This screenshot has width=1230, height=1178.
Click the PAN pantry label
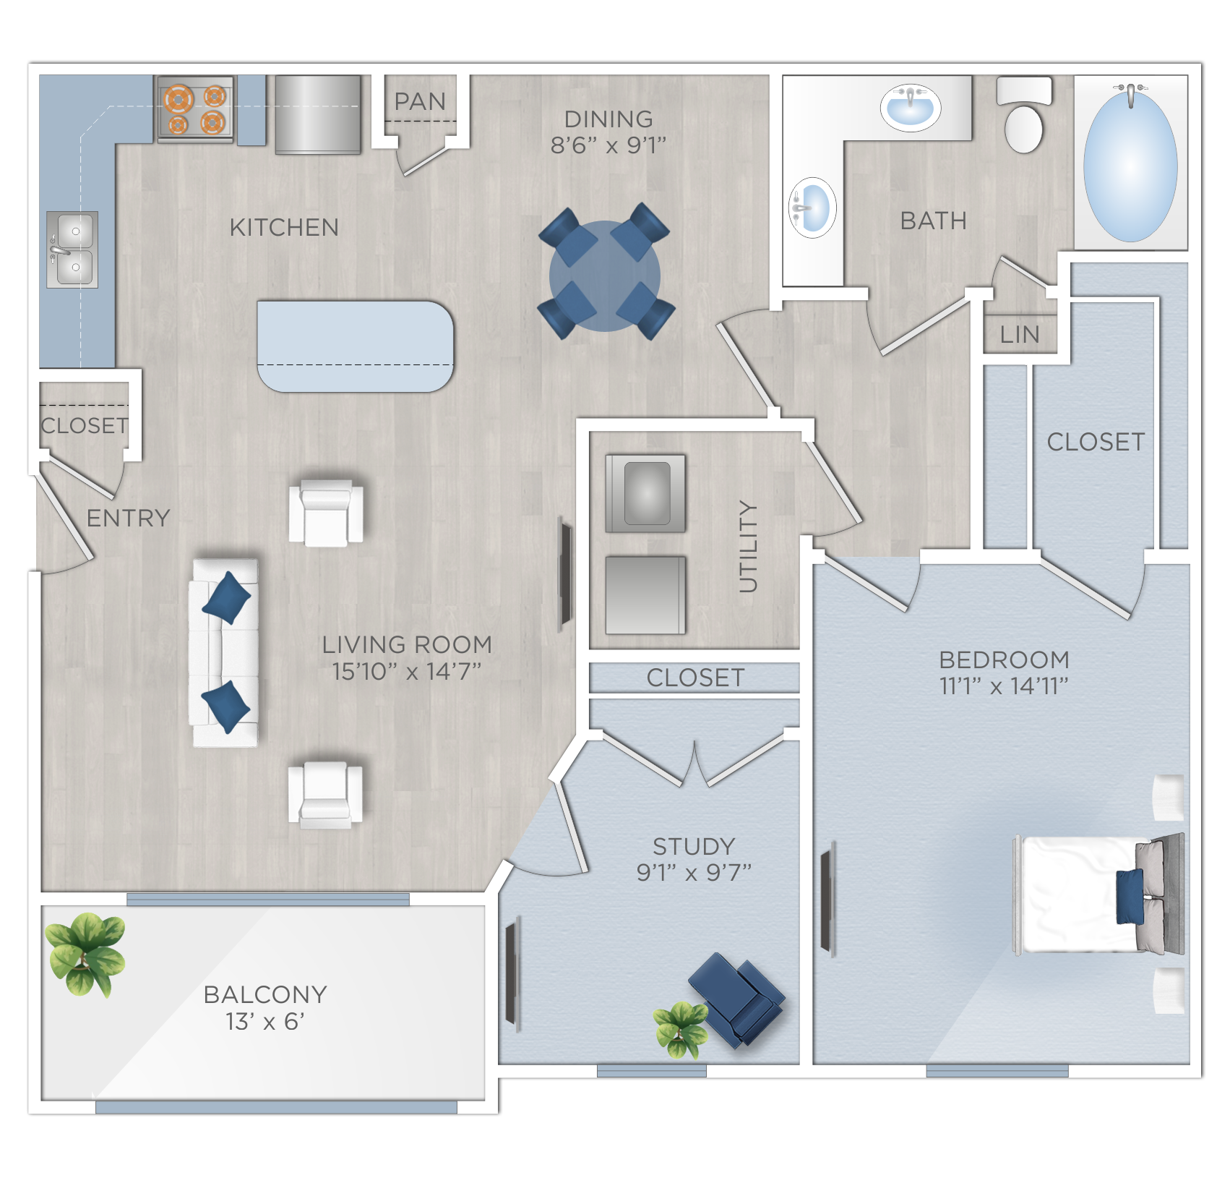420,101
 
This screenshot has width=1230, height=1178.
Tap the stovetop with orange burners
195,109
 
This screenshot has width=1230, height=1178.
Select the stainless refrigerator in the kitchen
317,114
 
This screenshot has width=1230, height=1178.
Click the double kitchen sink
72,249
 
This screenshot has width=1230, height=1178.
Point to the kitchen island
355,346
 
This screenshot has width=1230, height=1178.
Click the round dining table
605,275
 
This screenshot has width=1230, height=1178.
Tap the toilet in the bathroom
1024,116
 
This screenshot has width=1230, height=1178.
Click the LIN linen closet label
1020,335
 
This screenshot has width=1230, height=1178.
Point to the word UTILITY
749,546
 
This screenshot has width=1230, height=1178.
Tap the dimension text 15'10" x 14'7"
406,672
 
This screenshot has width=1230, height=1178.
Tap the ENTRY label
128,518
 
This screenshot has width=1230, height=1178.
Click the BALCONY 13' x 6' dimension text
265,1022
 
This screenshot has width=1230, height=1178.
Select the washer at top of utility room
645,493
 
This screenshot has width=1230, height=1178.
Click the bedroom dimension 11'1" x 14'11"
1004,686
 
